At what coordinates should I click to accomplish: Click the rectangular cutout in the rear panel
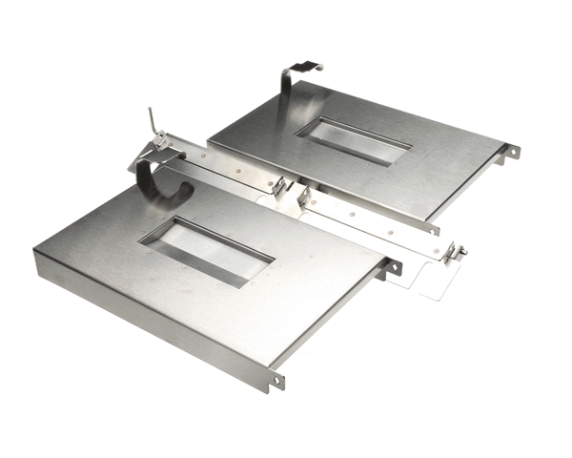tap(353, 141)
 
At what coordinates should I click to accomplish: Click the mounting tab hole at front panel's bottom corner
tap(278, 380)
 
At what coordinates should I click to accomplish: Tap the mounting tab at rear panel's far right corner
tap(512, 151)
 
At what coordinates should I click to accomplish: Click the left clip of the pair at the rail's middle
tap(279, 187)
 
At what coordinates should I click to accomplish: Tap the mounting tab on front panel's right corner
tap(393, 269)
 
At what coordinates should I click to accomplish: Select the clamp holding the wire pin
tap(162, 143)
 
